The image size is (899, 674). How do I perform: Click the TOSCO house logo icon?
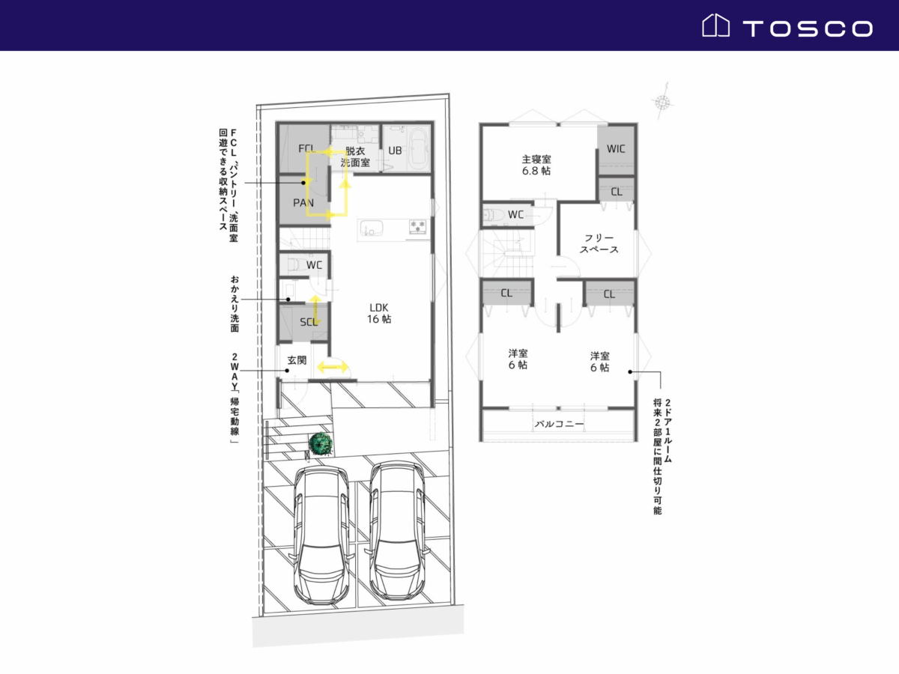(715, 25)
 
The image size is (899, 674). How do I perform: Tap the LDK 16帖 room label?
(379, 313)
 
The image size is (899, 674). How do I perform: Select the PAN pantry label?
(303, 202)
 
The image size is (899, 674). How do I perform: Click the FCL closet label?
(306, 148)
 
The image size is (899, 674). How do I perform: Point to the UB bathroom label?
(395, 151)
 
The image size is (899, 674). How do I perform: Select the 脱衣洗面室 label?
(355, 157)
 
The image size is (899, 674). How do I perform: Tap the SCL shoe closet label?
(309, 322)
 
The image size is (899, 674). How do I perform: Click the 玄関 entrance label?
(297, 360)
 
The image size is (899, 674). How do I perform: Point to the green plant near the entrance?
(321, 444)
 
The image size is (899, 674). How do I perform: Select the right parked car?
(397, 531)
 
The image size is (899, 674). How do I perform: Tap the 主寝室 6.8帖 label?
(536, 165)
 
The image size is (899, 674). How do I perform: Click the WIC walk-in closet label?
(616, 148)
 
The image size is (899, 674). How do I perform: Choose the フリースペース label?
(599, 244)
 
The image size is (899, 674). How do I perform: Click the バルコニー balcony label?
(559, 424)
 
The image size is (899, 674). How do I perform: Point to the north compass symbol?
(662, 102)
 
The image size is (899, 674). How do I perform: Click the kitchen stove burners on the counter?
(418, 227)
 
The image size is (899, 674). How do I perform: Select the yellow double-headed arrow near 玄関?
(333, 367)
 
